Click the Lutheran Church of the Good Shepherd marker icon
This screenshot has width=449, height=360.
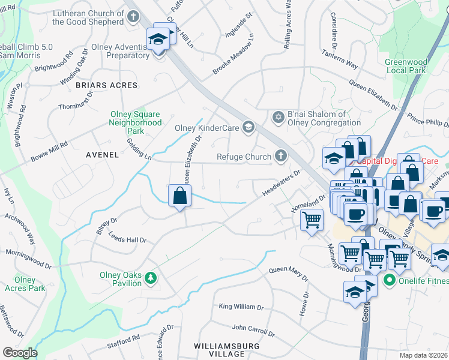(x=133, y=17)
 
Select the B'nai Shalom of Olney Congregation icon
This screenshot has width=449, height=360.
(x=277, y=116)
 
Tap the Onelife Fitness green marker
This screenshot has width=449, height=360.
(x=389, y=280)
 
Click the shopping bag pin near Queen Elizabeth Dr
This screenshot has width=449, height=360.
(x=179, y=196)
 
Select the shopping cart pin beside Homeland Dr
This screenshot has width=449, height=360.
(x=312, y=219)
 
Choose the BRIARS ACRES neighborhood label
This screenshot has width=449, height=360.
(x=106, y=86)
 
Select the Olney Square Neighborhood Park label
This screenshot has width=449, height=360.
(x=135, y=122)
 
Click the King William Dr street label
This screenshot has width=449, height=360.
(x=241, y=307)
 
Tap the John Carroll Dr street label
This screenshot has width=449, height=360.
(x=253, y=329)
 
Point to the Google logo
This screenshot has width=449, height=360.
(x=19, y=352)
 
